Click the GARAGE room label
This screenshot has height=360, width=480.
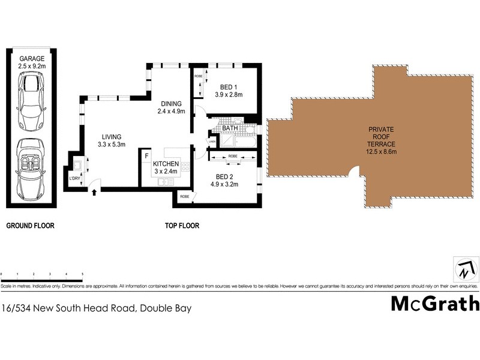coord(32,59)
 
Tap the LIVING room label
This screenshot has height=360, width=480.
coord(111,136)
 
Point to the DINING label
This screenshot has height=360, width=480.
coord(171,103)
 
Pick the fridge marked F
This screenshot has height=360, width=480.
coord(146,156)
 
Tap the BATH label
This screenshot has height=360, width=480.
coord(230,128)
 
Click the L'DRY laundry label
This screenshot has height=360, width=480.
coord(75,178)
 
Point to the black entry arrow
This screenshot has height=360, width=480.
coord(94,193)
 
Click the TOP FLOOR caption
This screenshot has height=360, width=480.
coord(182,226)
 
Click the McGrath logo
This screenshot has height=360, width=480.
coord(435,303)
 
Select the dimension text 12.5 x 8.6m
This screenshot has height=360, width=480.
coord(382,151)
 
